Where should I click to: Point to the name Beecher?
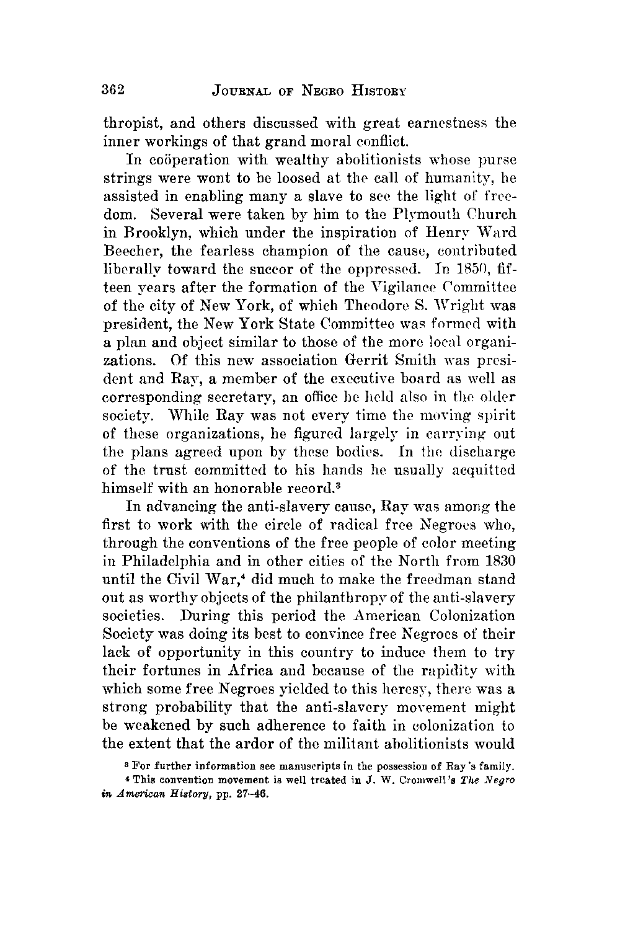[127, 251]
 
